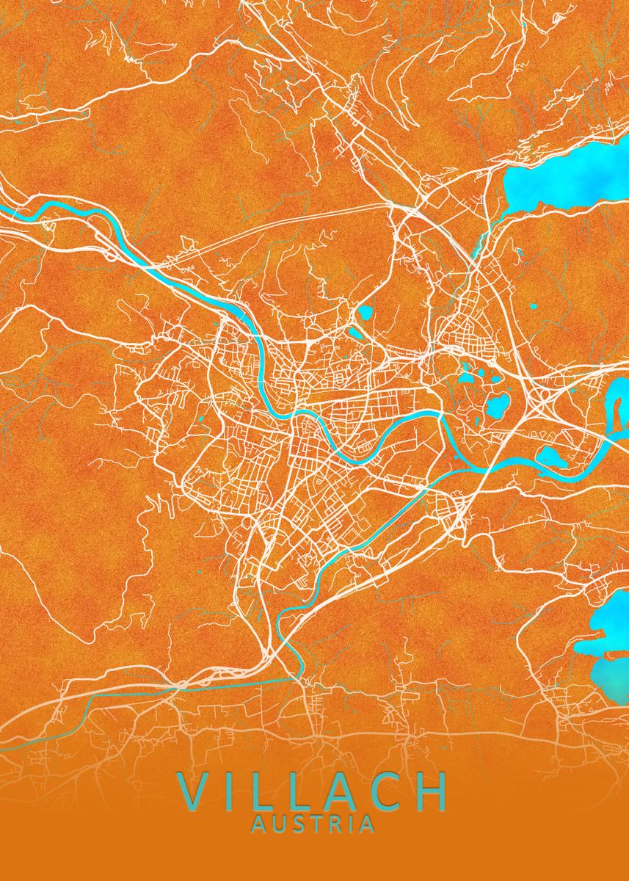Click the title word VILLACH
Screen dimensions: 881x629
pos(313,791)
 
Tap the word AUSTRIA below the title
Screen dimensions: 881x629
pos(313,824)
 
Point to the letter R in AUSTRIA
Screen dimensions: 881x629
pos(335,824)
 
